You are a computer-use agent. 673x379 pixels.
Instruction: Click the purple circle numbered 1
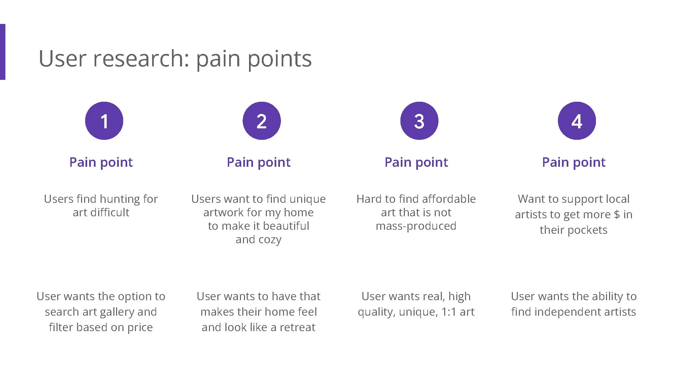pos(104,121)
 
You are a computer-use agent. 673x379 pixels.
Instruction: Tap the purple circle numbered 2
pos(261,121)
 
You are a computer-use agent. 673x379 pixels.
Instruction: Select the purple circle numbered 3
pos(419,121)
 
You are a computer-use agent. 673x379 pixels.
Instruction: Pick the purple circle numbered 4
pos(577,121)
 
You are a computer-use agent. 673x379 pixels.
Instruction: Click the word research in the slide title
pos(141,59)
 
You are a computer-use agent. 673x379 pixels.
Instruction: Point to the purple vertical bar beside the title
pos(2,52)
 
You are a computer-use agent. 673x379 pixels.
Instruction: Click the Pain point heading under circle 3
pos(416,162)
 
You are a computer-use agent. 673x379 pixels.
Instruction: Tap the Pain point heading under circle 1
pos(101,162)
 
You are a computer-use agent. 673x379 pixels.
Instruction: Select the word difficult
pos(110,213)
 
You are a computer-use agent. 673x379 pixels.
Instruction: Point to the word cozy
pos(270,240)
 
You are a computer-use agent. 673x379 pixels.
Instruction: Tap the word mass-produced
pos(416,226)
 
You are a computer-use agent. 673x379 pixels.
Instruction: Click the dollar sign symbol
pos(616,215)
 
